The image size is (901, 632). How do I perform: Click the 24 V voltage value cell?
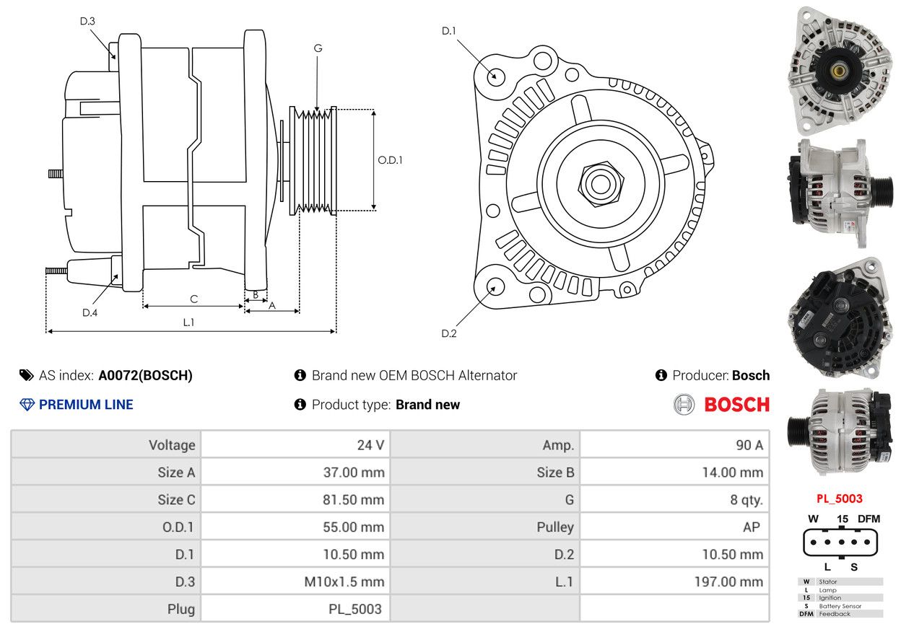(370, 445)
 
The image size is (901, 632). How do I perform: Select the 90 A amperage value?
(749, 445)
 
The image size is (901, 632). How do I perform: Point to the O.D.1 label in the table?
(178, 527)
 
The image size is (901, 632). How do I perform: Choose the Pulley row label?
(555, 527)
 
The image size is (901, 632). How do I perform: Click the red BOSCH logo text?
(736, 405)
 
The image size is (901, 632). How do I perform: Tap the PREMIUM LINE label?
(86, 405)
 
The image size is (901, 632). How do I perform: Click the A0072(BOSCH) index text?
(145, 375)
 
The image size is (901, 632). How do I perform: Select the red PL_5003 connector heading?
(839, 499)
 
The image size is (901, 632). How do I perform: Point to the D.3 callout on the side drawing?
(87, 21)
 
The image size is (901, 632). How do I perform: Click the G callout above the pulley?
(318, 48)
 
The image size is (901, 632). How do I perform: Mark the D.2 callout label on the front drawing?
(449, 333)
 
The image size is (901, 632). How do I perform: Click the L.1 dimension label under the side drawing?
(188, 322)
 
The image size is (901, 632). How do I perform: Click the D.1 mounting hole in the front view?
(495, 75)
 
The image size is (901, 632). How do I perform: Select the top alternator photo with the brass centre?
(839, 70)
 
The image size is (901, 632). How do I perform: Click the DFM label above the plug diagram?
(869, 519)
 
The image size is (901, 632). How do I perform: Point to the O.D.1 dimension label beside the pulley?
(391, 160)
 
